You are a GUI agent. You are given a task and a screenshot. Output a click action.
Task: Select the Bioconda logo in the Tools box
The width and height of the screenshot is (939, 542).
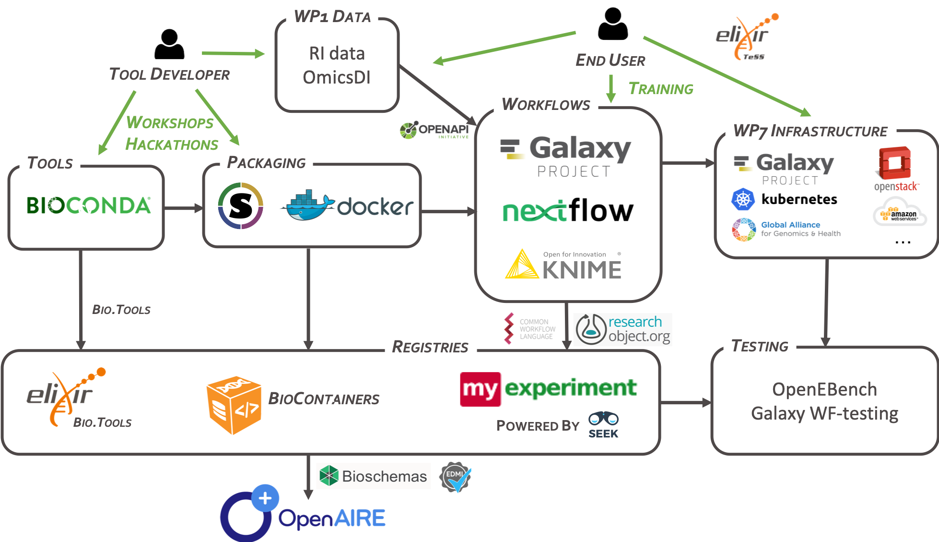[89, 205]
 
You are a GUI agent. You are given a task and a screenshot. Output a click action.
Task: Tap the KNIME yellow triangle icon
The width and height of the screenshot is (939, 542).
[522, 265]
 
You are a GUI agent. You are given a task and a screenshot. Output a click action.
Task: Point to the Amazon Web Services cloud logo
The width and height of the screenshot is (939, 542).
[900, 212]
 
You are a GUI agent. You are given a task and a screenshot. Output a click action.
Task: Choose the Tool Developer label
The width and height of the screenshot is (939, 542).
[169, 74]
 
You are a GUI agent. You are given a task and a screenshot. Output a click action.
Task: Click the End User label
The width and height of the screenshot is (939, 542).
[610, 60]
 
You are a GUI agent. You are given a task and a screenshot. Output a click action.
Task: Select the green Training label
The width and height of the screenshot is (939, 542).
[660, 89]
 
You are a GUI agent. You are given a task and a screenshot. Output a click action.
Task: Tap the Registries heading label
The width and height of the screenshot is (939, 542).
[430, 347]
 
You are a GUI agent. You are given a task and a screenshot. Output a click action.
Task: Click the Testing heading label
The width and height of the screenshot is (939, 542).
[760, 346]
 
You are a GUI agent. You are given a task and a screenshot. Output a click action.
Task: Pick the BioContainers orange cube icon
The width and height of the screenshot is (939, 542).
[234, 406]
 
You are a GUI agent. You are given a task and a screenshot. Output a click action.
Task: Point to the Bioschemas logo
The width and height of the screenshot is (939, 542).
[373, 476]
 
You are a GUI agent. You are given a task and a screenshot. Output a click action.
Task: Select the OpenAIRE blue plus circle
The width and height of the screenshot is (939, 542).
[265, 498]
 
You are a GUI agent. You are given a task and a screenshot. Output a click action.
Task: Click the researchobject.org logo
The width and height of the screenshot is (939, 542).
[622, 329]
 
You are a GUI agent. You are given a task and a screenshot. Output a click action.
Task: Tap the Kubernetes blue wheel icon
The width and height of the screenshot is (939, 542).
[743, 199]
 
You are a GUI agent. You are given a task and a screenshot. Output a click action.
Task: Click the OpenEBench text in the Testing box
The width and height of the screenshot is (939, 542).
[824, 389]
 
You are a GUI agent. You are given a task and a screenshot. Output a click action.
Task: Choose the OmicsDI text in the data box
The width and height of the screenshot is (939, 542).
[337, 78]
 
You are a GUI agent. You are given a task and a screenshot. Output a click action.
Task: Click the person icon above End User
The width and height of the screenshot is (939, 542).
[612, 24]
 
